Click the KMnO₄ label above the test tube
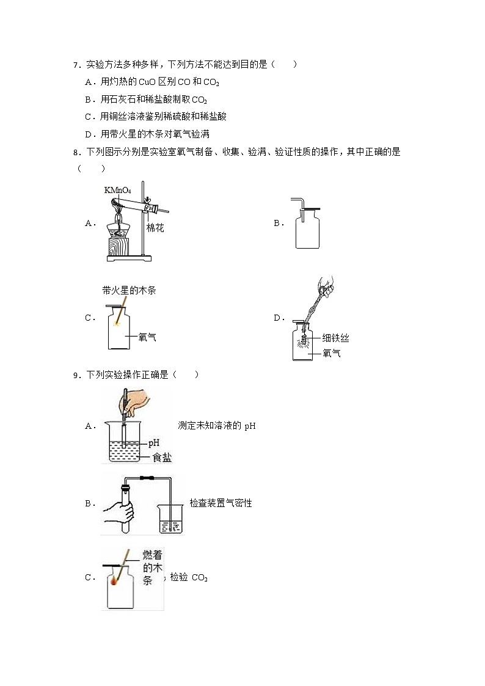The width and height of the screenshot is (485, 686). (117, 190)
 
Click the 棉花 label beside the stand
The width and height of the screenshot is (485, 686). (155, 228)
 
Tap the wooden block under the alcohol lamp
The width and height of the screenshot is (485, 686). (122, 246)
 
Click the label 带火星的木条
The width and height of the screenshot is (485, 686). (129, 290)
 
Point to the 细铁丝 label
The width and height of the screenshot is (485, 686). (335, 338)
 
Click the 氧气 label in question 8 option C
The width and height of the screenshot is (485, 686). (147, 337)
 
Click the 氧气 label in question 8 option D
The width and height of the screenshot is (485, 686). (331, 353)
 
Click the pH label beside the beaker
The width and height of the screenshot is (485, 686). (153, 443)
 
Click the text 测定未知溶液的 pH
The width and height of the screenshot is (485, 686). (216, 426)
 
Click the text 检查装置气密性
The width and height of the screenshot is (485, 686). (221, 503)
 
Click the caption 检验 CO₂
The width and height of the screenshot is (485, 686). (189, 577)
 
